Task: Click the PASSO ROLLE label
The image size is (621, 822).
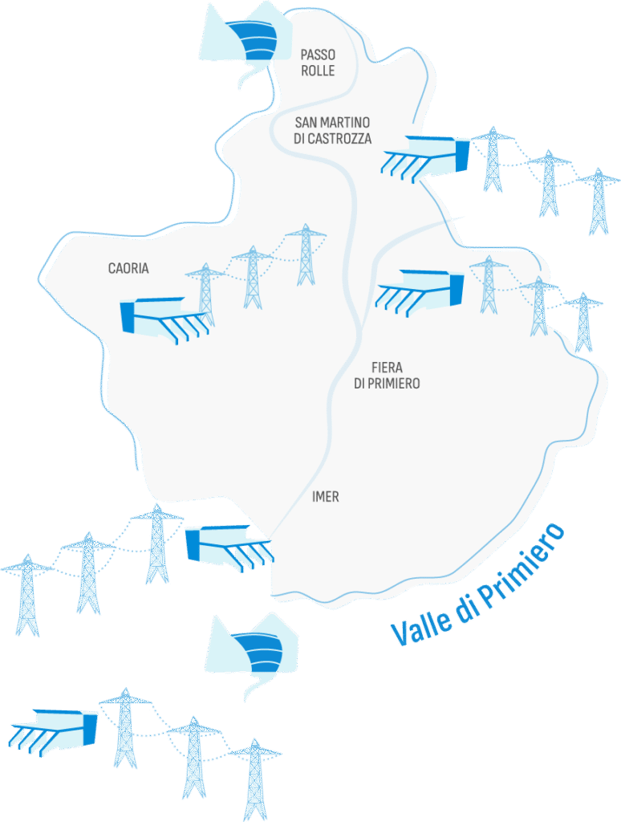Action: (318, 63)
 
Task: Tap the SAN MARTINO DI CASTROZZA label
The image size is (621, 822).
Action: (333, 130)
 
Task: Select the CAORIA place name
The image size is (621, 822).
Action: (128, 268)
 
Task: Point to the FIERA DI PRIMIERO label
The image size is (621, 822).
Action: (387, 375)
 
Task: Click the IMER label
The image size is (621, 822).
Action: (325, 497)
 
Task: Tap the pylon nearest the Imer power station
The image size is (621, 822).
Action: (157, 543)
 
